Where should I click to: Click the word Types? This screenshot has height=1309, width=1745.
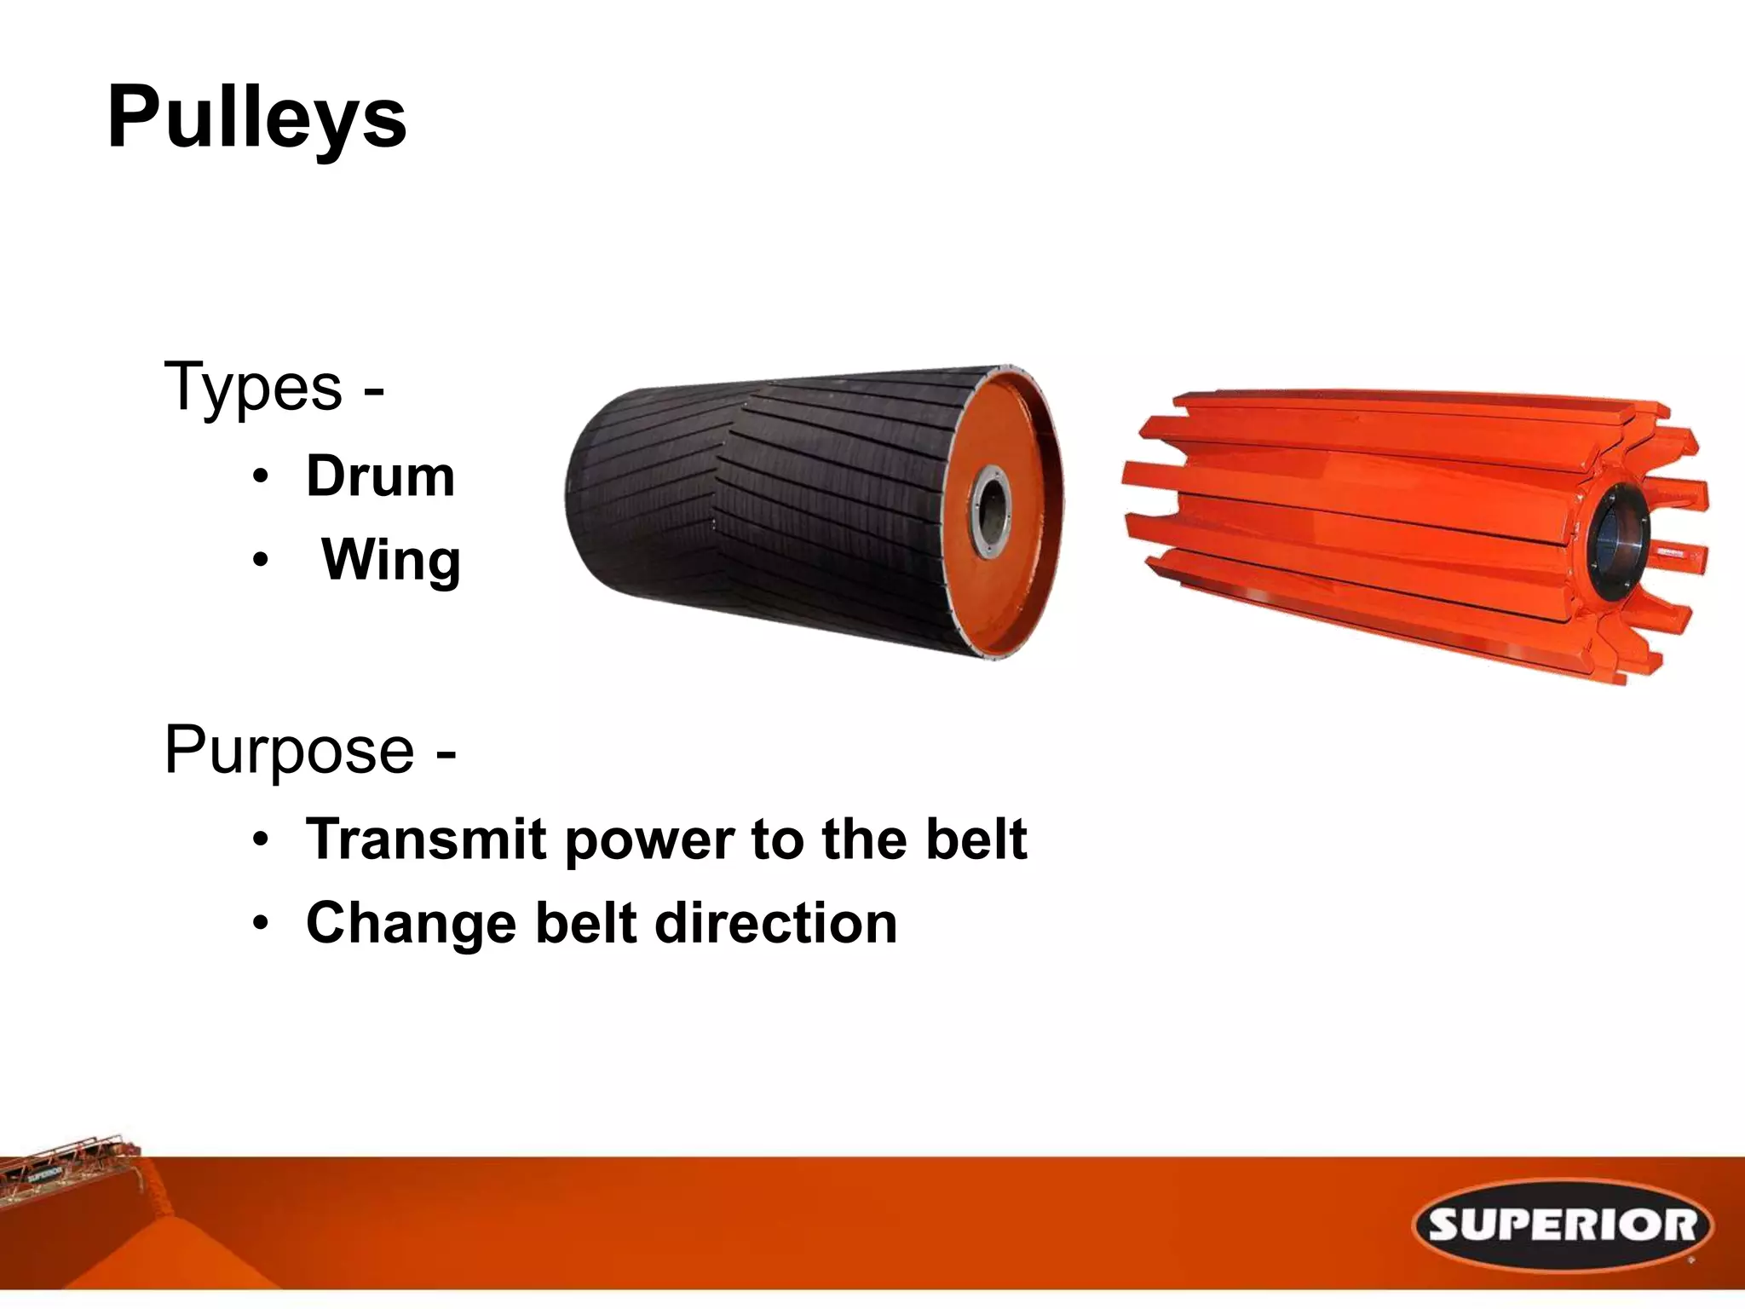(252, 388)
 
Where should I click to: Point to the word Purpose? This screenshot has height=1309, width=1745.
(289, 751)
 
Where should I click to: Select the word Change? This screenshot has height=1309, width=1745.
(411, 924)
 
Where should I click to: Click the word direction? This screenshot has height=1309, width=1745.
(776, 923)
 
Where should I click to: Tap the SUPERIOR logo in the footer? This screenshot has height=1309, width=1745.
(1563, 1225)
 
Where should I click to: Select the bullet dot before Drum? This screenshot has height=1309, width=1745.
(261, 476)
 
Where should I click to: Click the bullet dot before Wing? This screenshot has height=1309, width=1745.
(261, 561)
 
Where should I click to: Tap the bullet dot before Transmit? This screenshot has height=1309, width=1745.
(261, 840)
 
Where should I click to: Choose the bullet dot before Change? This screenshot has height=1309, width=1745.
(261, 924)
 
